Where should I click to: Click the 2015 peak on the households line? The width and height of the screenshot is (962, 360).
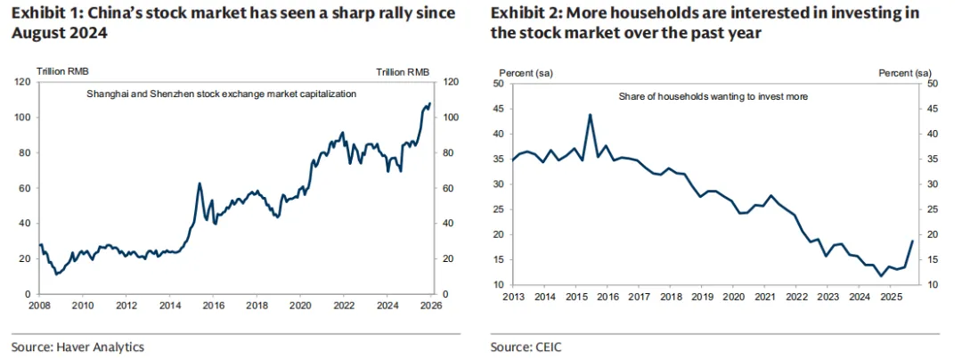coord(590,115)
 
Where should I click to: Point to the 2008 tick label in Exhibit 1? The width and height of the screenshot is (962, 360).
coord(39,305)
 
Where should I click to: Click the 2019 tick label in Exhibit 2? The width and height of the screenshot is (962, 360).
coord(702,296)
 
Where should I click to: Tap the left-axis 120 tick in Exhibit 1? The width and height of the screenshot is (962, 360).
coord(24,82)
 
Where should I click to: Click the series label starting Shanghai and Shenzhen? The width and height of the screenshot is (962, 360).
coord(221,94)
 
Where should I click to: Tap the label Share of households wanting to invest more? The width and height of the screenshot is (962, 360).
coord(713,95)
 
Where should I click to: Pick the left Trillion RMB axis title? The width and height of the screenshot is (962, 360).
coord(61,71)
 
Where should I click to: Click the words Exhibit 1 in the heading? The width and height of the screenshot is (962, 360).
coord(42,13)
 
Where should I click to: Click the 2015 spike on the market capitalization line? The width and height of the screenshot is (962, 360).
coord(199,184)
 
